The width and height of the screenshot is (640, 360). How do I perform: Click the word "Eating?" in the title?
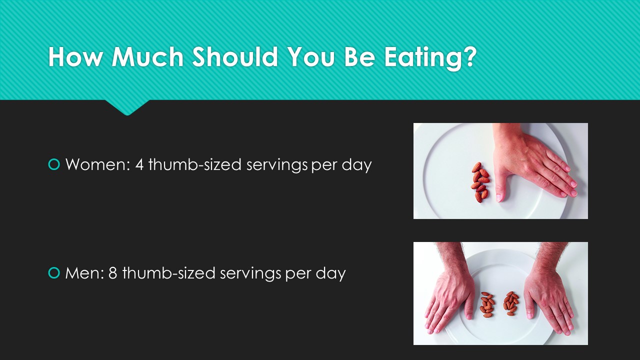click(430, 57)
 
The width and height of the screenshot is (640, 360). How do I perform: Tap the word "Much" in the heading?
click(147, 56)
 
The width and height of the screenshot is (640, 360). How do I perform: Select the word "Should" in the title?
click(235, 56)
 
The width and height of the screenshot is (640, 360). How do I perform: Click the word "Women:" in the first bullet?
click(97, 164)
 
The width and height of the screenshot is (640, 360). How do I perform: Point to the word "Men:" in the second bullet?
click(84, 273)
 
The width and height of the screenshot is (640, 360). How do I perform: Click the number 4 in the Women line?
click(139, 164)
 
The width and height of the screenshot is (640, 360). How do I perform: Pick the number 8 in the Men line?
click(113, 273)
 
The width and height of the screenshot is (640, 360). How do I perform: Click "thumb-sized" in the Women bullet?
click(195, 164)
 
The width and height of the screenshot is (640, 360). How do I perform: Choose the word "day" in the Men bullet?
click(330, 274)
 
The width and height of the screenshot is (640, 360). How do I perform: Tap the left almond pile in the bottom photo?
click(487, 304)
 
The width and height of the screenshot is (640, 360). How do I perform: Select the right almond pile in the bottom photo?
click(511, 303)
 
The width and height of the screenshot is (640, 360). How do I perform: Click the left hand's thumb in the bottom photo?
click(469, 308)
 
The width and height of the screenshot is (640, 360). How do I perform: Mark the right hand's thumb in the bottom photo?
click(529, 308)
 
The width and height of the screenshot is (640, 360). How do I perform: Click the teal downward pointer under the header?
click(127, 107)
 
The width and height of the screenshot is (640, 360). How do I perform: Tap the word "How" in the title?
click(75, 56)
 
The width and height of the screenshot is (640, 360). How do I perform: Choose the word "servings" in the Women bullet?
click(277, 165)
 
